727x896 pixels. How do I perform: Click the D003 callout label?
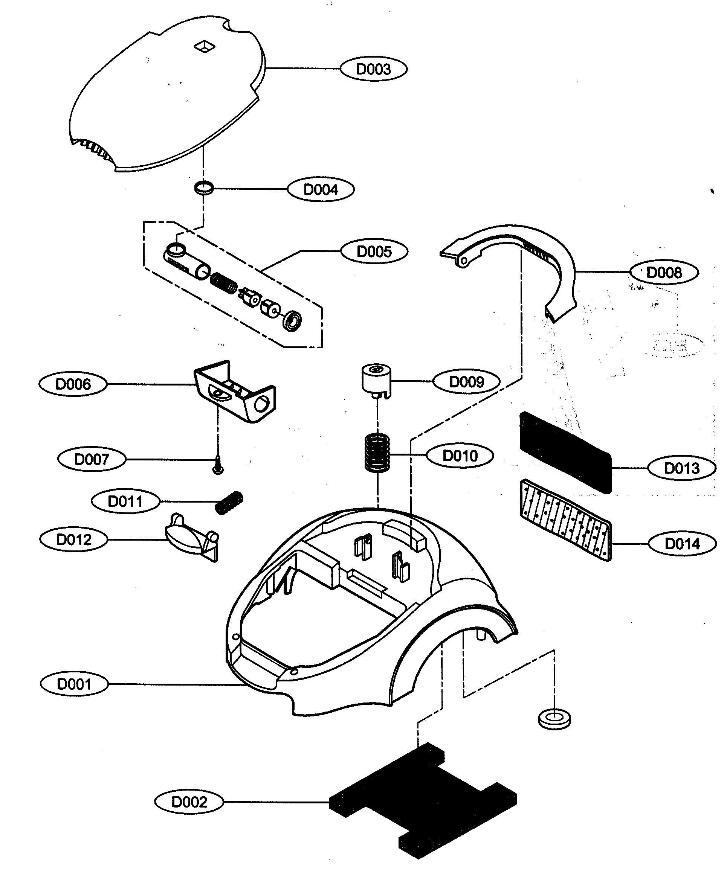tap(373, 69)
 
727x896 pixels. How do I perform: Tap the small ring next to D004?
tap(204, 187)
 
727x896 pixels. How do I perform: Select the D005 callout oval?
tap(374, 251)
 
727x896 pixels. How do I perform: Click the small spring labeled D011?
tap(229, 503)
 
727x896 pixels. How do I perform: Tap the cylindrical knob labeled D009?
tap(376, 379)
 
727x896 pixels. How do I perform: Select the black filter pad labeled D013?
tap(565, 452)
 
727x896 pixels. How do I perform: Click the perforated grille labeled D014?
tap(565, 520)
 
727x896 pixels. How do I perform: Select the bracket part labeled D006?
tap(235, 391)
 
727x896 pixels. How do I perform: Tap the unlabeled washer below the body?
tap(554, 719)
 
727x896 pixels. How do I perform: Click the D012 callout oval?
tap(74, 540)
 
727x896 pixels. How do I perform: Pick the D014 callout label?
tap(682, 544)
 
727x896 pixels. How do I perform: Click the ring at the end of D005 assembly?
tap(292, 322)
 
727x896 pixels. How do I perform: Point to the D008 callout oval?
tap(664, 273)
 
